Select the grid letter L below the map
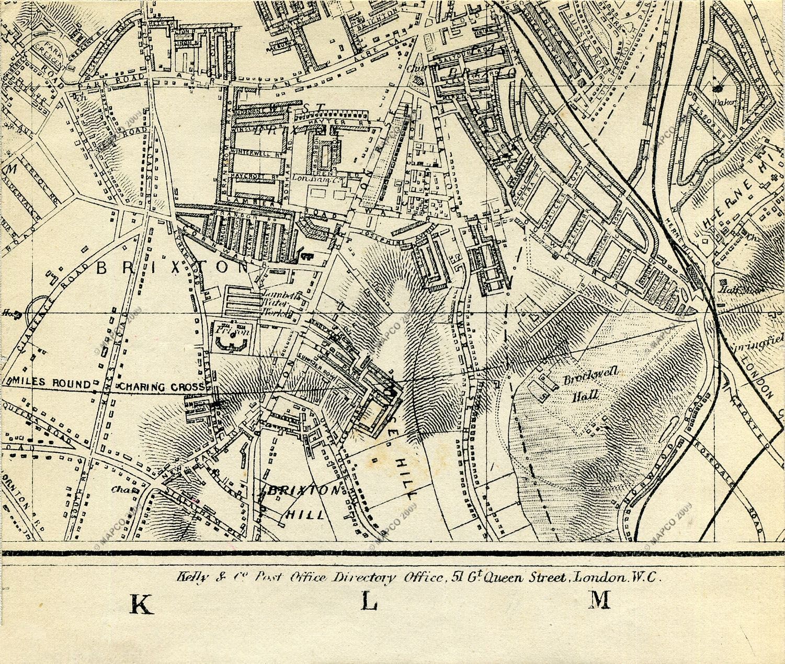pyautogui.click(x=369, y=602)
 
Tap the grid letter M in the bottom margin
pyautogui.click(x=600, y=600)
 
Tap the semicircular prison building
pyautogui.click(x=230, y=342)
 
